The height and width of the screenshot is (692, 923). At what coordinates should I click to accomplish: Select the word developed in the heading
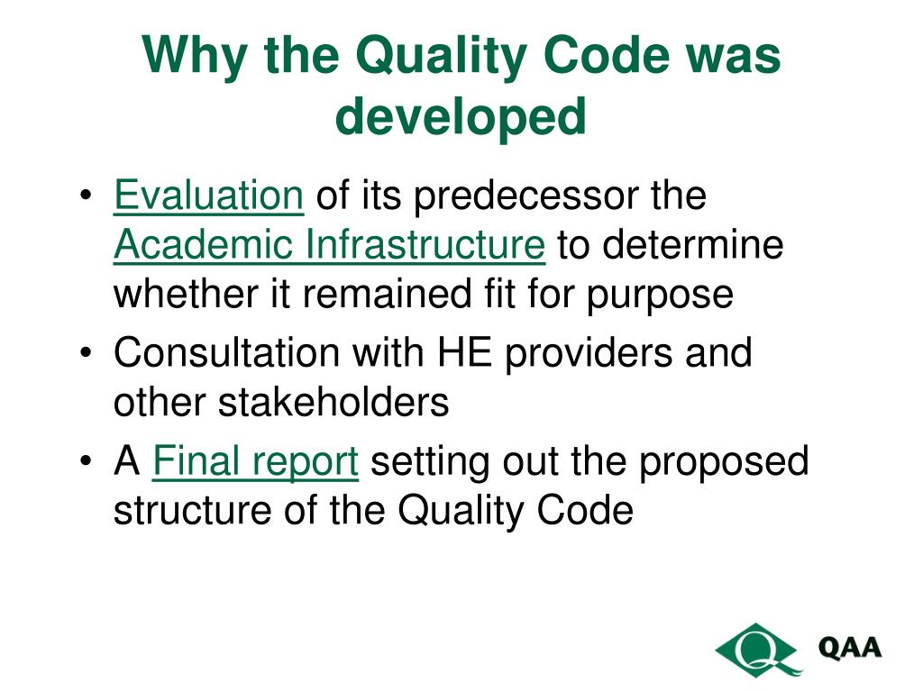pyautogui.click(x=461, y=117)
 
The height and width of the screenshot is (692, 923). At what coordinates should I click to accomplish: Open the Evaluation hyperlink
pyautogui.click(x=208, y=196)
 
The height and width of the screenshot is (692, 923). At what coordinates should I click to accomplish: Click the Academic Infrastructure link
pyautogui.click(x=329, y=245)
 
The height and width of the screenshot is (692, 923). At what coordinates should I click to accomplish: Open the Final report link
pyautogui.click(x=256, y=462)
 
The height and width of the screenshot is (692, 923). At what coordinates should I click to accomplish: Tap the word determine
pyautogui.click(x=693, y=245)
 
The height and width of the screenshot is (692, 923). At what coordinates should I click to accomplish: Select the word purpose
pyautogui.click(x=661, y=296)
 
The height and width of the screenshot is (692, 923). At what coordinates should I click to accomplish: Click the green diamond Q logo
pyautogui.click(x=758, y=648)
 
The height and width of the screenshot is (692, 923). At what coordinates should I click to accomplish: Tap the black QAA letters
pyautogui.click(x=849, y=648)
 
